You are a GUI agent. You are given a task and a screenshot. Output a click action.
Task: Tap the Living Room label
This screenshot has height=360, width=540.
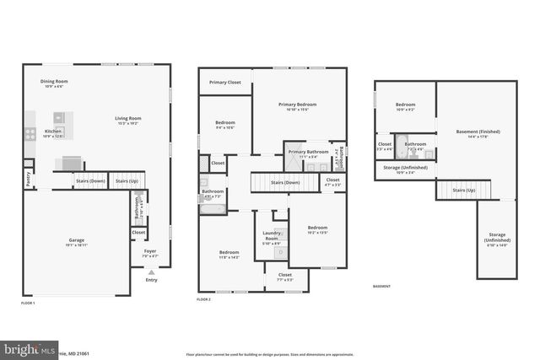[x=128, y=119]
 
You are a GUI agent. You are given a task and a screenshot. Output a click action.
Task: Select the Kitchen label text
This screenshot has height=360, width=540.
[x=53, y=133]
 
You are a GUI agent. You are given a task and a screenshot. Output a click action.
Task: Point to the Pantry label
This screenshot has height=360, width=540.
[x=28, y=179]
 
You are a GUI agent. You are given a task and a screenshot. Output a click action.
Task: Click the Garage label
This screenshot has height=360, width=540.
[x=77, y=241]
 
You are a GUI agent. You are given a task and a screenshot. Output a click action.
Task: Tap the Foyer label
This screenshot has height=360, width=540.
[x=150, y=251]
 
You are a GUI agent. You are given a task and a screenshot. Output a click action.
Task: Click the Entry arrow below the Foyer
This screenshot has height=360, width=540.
[x=151, y=272]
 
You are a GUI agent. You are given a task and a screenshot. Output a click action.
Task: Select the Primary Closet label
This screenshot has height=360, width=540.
[x=225, y=83]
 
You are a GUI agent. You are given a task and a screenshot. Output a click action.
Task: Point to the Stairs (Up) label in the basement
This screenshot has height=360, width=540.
[x=463, y=191]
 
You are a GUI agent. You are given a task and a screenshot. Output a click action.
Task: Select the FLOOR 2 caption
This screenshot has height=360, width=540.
[x=204, y=299]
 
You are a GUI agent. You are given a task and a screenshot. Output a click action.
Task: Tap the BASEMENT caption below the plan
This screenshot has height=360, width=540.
[x=382, y=287]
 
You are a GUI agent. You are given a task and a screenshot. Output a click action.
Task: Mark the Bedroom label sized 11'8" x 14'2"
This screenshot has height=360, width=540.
[x=229, y=254]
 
